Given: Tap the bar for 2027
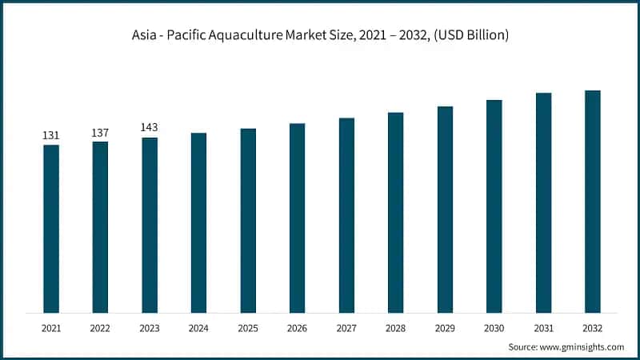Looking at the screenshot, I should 346,215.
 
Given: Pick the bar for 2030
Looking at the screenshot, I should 494,206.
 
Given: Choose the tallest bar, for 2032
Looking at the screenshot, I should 592,201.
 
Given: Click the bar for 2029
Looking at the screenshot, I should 445,209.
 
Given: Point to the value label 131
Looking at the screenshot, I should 51,136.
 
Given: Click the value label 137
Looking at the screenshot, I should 100,132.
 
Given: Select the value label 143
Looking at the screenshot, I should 150,128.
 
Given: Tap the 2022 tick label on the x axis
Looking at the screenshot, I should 100,327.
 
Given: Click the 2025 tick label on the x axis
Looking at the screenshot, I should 248,327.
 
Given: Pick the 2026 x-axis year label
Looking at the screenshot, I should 297,327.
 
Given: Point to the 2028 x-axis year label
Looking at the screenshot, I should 395,327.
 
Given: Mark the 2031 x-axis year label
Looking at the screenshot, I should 543,327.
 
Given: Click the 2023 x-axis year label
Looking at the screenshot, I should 150,327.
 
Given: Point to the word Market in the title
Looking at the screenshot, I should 320,35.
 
